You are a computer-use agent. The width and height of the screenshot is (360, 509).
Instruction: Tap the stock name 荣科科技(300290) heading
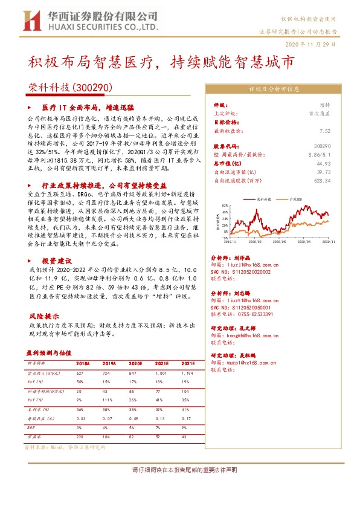[x=69, y=88]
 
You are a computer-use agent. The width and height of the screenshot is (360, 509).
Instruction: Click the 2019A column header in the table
[x=109, y=364]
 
